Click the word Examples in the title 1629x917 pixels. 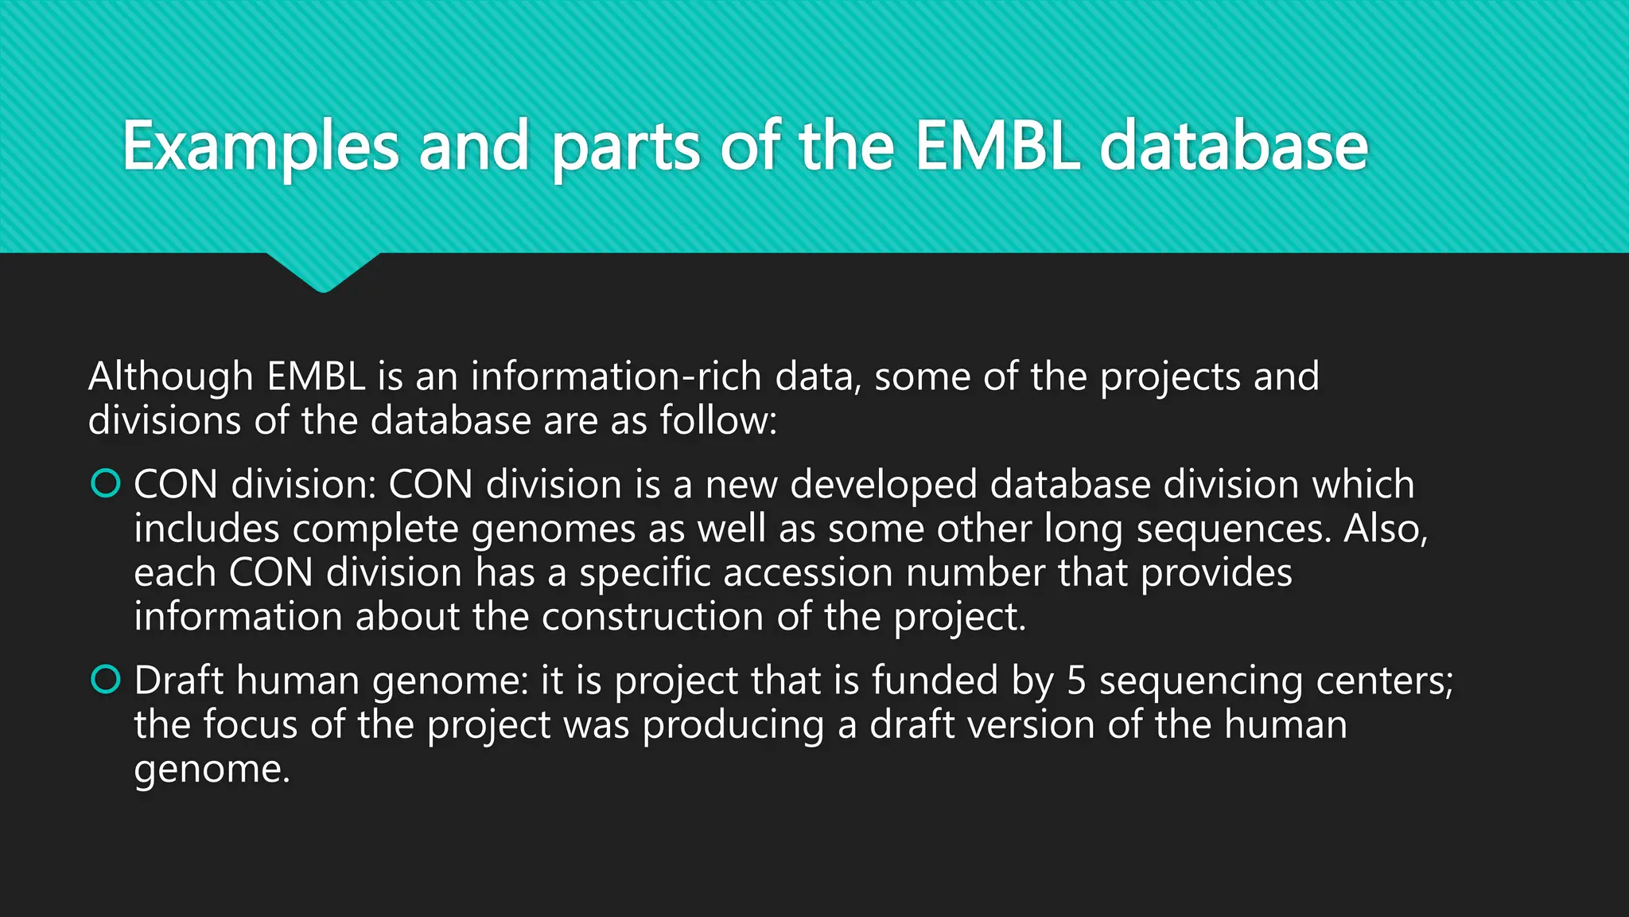click(260, 147)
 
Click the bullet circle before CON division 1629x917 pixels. click(106, 483)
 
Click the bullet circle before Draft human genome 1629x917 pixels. click(106, 679)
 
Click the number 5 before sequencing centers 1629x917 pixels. click(1076, 681)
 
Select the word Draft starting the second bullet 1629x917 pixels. click(179, 681)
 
